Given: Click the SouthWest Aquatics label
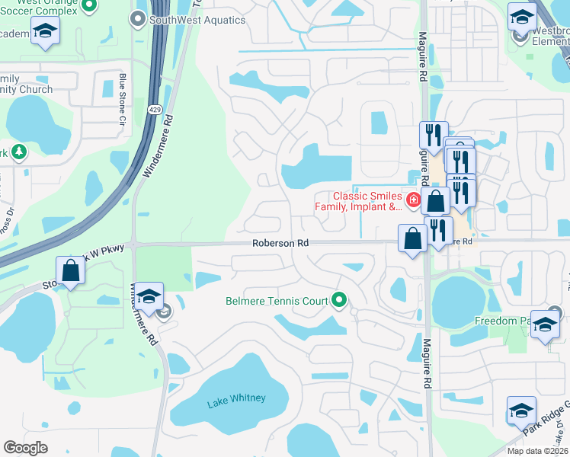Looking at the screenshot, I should [x=197, y=21].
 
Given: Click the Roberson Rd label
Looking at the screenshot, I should [x=281, y=243].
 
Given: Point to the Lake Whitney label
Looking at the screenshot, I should [x=236, y=398].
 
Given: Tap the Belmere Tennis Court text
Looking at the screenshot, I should [x=276, y=301].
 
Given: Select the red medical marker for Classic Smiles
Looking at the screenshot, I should [x=413, y=201].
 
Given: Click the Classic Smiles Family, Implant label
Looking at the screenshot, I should [x=367, y=201].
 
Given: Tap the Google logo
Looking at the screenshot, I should [x=25, y=448].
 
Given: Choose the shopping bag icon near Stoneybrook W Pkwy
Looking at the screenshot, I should [x=70, y=270].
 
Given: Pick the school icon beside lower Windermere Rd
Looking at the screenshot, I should [x=150, y=296].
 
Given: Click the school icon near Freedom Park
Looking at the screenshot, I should [x=545, y=324].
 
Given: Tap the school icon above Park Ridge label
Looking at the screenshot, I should [x=521, y=410].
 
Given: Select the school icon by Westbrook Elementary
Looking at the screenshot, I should [x=522, y=18].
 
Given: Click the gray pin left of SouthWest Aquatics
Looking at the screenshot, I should [x=139, y=21].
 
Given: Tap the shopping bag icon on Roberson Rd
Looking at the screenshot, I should [x=412, y=238].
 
